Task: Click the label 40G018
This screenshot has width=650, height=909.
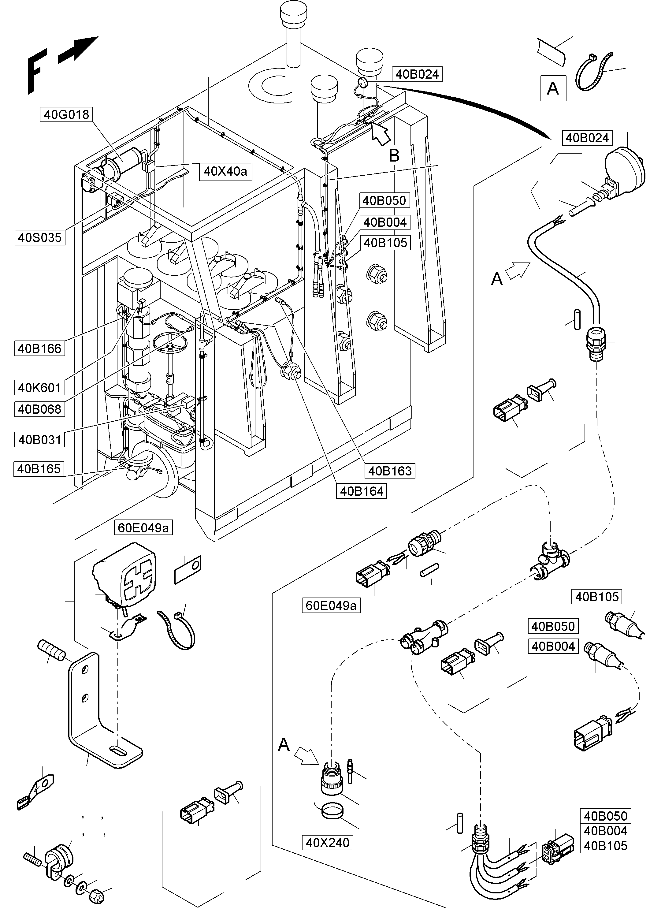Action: tap(66, 114)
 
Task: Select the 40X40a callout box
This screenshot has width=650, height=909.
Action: tap(225, 171)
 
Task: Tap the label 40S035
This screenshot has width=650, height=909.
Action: tap(40, 237)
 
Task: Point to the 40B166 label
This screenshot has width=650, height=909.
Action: tap(40, 348)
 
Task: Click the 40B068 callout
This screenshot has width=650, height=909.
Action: tap(40, 409)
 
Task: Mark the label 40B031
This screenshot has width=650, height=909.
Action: tap(40, 440)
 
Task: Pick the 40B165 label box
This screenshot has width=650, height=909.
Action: tap(39, 469)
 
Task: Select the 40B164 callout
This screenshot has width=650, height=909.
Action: tap(362, 491)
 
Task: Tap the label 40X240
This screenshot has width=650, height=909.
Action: tap(327, 843)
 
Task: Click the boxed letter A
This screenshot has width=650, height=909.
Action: tap(553, 88)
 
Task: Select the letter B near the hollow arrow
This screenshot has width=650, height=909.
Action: tap(394, 155)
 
